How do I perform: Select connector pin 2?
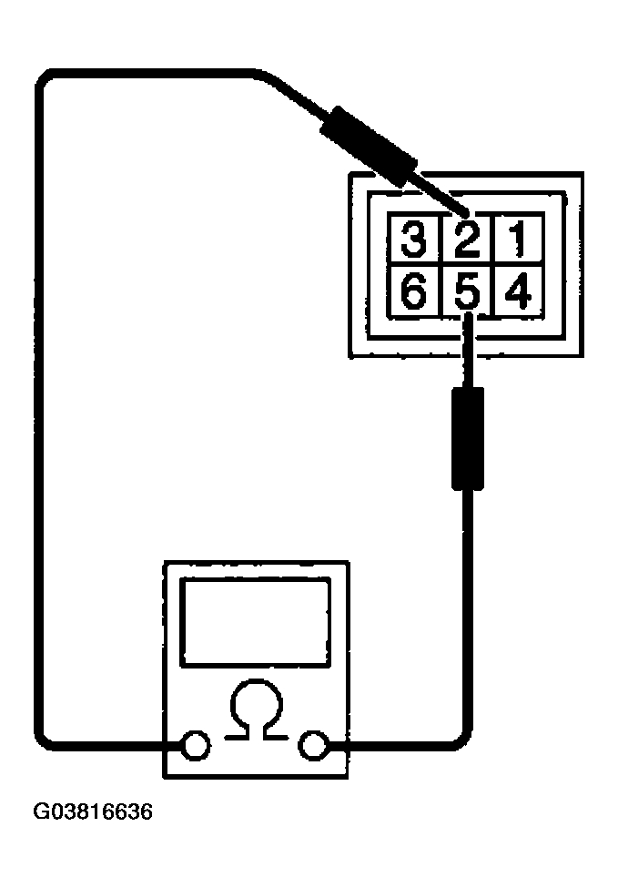(x=468, y=238)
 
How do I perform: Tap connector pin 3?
(x=414, y=238)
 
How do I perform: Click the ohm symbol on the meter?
(x=256, y=709)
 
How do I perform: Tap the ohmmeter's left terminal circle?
(x=196, y=744)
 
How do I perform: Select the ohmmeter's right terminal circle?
(x=314, y=745)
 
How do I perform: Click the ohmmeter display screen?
(x=256, y=622)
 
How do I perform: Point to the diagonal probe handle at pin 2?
(x=368, y=145)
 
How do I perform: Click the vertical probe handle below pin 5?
(x=468, y=438)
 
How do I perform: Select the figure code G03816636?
(x=94, y=811)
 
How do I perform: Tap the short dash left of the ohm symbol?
(x=237, y=738)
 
